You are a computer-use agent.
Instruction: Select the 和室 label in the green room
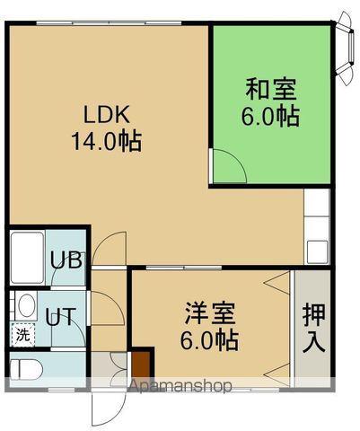tap(271, 90)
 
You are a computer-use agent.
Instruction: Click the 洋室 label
tap(210, 314)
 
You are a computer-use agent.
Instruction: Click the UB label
tap(66, 261)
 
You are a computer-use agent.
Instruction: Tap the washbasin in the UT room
tap(26, 305)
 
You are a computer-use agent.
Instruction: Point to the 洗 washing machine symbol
tap(22, 334)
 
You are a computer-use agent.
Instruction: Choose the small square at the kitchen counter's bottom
tap(314, 251)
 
